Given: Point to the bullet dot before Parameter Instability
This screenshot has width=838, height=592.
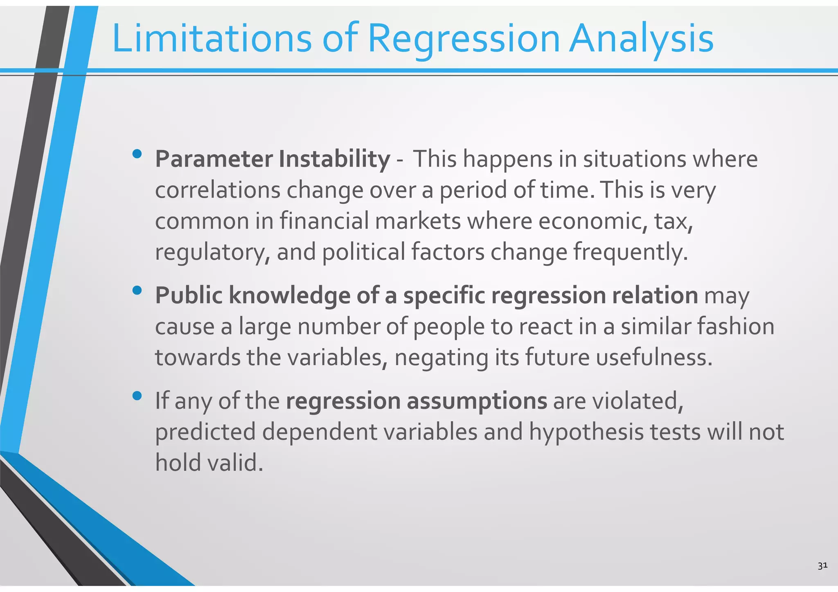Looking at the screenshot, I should point(137,154).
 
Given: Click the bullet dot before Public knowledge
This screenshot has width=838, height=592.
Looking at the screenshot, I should point(137,290).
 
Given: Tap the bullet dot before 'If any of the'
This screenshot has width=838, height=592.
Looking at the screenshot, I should point(137,396).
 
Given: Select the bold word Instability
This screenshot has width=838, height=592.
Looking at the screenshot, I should point(334,159).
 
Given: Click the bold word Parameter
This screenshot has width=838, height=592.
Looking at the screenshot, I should point(214,159).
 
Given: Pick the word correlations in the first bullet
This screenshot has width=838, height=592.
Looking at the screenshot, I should point(217,190).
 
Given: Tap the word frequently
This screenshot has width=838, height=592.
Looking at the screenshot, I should point(630,252).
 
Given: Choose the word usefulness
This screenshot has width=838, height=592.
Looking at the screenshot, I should point(653,357).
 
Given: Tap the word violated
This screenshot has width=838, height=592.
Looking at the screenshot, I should point(638,401).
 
